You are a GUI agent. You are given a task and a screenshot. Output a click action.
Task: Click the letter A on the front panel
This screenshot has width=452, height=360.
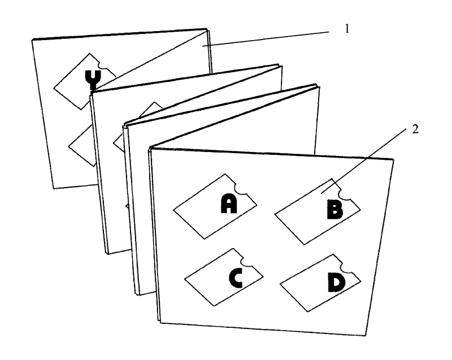[229, 203]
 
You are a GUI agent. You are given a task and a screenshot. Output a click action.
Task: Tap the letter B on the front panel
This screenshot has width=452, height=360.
[334, 209]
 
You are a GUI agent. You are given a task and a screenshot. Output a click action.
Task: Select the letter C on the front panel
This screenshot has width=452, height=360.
[236, 278]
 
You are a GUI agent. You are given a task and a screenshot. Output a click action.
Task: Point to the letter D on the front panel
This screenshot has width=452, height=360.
[336, 283]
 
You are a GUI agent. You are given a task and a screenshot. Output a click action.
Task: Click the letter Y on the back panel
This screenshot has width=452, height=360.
[93, 79]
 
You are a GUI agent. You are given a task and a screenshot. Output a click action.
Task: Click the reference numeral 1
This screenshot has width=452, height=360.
[347, 28]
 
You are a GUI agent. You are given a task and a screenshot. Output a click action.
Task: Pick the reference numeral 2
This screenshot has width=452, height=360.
[415, 129]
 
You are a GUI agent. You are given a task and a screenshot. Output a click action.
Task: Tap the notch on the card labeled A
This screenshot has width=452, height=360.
[241, 189]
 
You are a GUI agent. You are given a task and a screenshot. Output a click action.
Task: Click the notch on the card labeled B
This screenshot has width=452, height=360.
[345, 195]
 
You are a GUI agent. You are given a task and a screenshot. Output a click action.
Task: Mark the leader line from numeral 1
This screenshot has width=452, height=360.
[266, 38]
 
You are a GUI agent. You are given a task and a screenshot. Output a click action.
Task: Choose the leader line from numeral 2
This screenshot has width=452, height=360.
[364, 161]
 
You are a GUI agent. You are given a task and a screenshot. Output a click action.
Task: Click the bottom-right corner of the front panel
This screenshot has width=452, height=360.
[365, 336]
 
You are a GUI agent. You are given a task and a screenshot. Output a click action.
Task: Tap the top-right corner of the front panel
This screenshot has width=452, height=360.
[393, 159]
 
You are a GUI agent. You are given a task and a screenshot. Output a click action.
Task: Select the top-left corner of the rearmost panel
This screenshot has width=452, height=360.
[32, 40]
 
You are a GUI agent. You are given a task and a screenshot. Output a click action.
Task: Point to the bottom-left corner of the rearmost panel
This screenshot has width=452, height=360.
[53, 189]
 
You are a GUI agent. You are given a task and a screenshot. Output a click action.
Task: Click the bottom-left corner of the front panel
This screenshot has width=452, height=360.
[160, 323]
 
